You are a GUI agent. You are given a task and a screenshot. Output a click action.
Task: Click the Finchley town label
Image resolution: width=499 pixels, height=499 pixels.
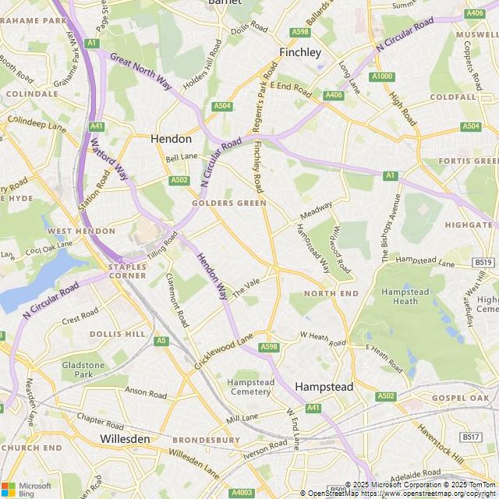tap(300, 53)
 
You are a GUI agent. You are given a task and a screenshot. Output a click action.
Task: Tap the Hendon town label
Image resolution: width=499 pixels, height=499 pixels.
tap(171, 139)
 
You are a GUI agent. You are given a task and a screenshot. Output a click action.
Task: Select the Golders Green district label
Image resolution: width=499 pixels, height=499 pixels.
tap(228, 203)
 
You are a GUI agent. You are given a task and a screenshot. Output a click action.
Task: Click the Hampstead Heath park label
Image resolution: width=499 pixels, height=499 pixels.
tap(399, 296)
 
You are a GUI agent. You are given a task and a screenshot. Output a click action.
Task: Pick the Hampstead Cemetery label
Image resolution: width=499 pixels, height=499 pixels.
tap(250, 387)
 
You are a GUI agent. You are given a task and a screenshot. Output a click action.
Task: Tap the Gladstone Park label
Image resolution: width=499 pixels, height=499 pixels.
tap(83, 370)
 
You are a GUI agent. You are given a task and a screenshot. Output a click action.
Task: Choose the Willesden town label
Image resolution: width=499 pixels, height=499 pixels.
tap(125, 439)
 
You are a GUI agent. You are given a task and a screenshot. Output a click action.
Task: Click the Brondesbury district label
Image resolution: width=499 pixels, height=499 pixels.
tap(206, 440)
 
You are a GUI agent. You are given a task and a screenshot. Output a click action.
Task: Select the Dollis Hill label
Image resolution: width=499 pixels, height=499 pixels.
tap(118, 334)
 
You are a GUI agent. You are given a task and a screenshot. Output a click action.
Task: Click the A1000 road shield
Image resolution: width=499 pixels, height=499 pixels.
tap(382, 76)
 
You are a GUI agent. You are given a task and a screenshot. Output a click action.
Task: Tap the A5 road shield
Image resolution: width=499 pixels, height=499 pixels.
tap(161, 341)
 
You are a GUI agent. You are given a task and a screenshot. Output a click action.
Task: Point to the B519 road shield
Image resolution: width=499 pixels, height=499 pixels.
tap(483, 263)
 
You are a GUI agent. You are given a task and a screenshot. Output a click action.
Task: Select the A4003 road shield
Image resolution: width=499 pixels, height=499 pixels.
tap(242, 492)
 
